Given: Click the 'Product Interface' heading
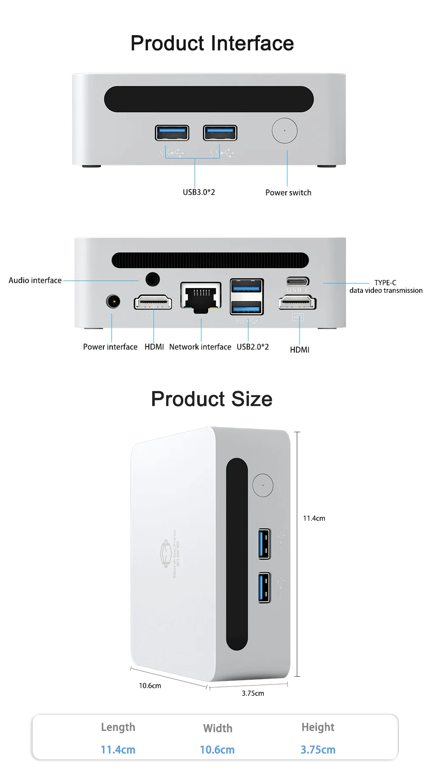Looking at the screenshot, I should [212, 43].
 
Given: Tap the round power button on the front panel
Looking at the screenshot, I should [285, 131].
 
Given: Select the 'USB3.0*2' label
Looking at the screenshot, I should [199, 192].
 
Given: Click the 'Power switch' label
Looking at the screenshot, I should [288, 192].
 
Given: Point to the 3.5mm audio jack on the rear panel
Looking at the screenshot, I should [153, 279].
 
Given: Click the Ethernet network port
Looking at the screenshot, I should [201, 297].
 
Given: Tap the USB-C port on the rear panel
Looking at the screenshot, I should [298, 281].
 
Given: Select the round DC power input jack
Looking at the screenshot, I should [113, 302].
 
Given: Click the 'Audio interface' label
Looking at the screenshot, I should [35, 280].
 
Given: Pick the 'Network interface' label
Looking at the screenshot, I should [200, 347].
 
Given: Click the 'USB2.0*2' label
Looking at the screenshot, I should [253, 347].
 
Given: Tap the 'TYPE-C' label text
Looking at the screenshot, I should [385, 283].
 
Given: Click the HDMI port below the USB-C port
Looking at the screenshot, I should [297, 303].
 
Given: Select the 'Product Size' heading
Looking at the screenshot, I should [212, 399].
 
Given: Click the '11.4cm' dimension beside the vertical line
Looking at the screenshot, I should [314, 518].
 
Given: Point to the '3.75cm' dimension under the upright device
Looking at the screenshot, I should [253, 693].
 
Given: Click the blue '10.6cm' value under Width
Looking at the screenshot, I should [217, 750].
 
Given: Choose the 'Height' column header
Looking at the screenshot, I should [318, 727].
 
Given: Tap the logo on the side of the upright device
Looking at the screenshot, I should [165, 553].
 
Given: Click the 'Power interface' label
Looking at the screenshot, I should [110, 347].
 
